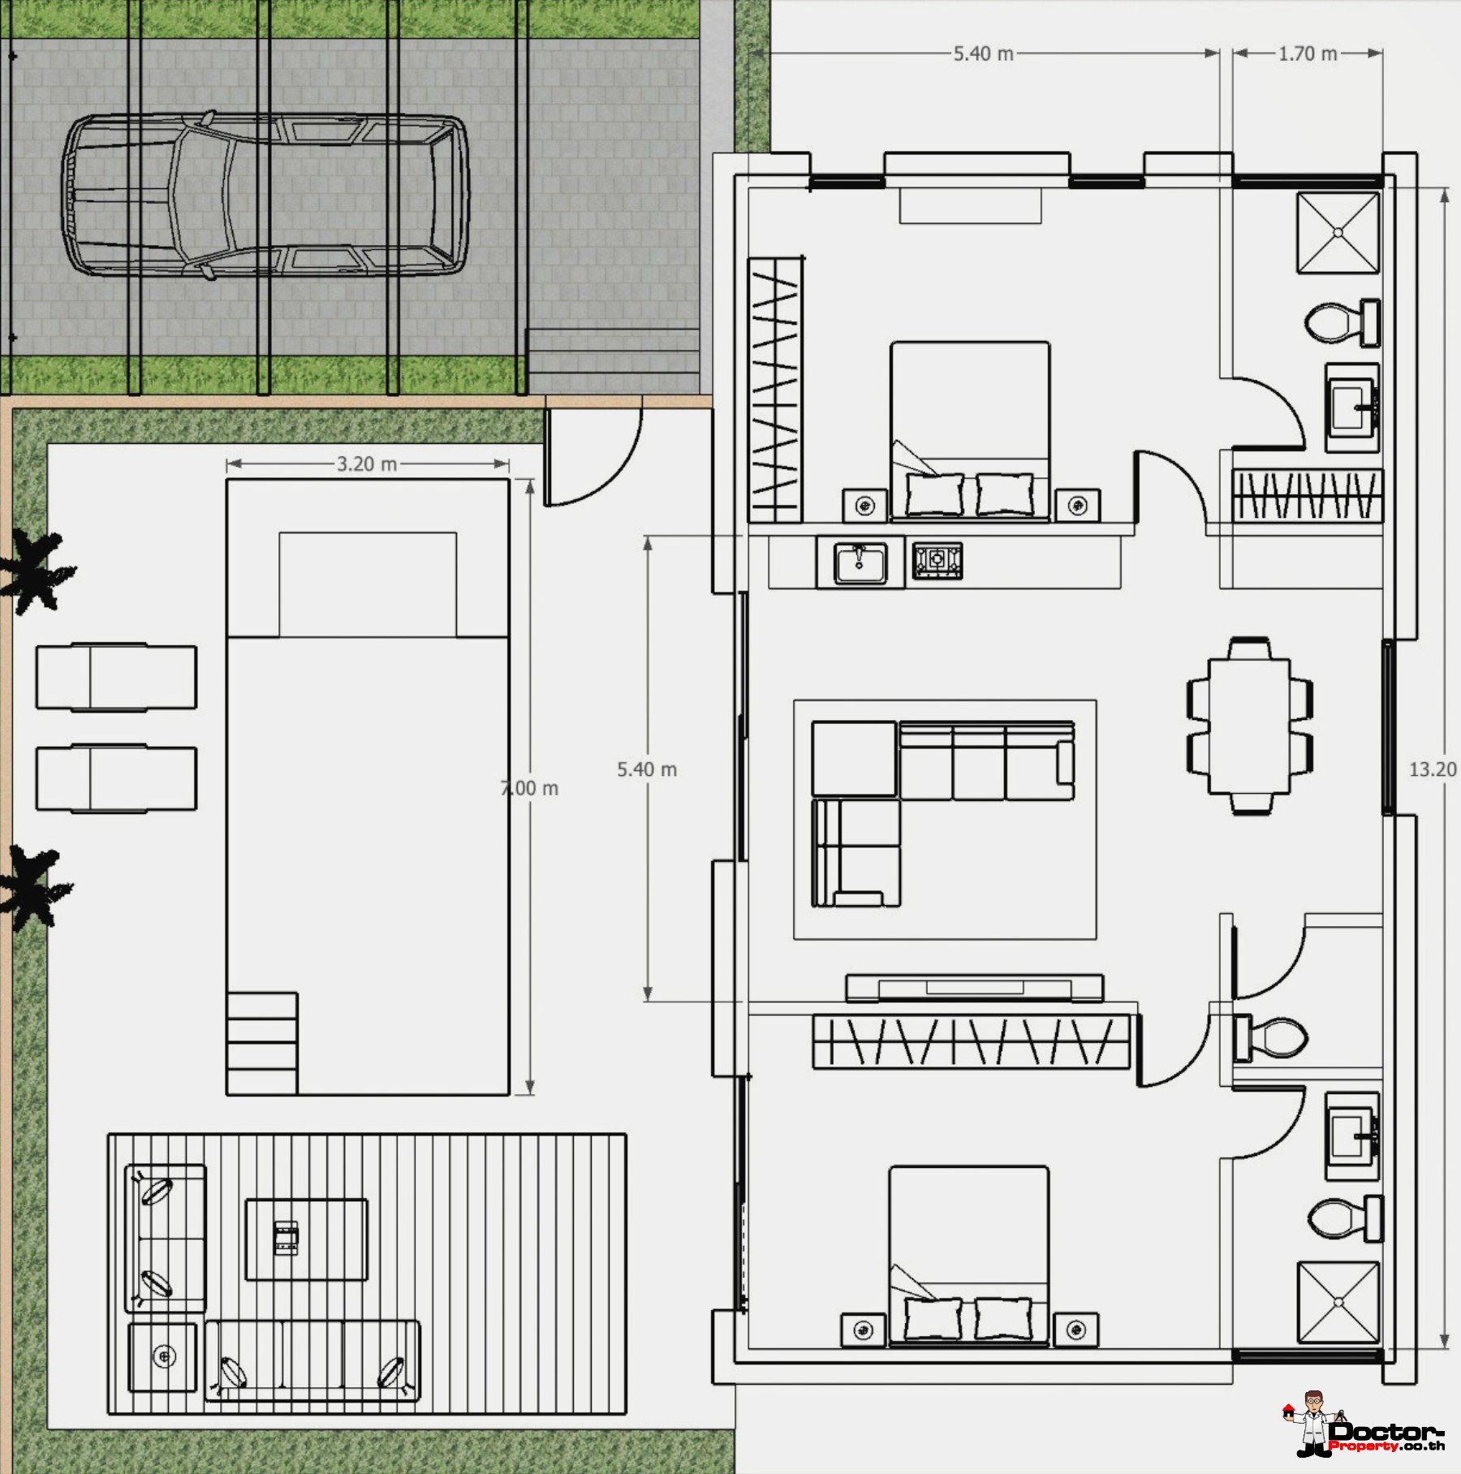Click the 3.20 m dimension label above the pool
point(367,463)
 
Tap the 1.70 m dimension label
point(1308,54)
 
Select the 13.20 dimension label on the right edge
point(1433,769)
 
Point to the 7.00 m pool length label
point(529,788)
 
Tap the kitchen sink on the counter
point(860,562)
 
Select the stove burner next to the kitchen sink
point(937,560)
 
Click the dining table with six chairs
point(1250,726)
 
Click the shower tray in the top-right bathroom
point(1338,232)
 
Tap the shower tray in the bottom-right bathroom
point(1338,1303)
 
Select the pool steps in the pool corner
point(262,1043)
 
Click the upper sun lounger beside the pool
point(116,677)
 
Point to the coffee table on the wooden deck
point(307,1239)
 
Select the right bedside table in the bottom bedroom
point(1076,1330)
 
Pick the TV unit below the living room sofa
point(974,988)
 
